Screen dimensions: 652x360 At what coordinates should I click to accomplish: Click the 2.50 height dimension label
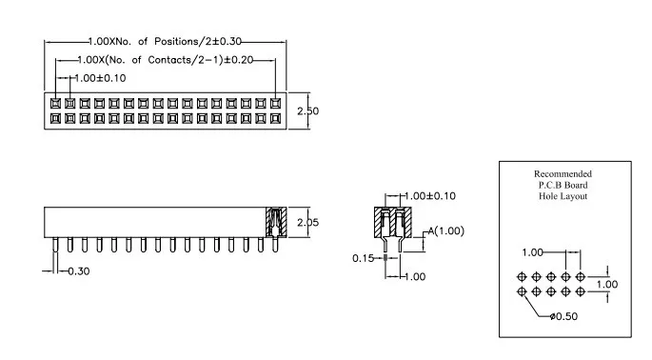[x=307, y=111]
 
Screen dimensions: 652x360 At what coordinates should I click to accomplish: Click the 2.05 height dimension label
[x=307, y=223]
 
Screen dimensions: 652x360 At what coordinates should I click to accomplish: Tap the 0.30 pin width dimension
[x=79, y=271]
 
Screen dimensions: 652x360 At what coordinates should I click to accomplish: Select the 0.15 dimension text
[x=363, y=258]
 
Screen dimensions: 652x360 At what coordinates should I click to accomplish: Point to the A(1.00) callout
[x=446, y=231]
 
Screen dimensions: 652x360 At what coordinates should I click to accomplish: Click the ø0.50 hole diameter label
[x=563, y=316]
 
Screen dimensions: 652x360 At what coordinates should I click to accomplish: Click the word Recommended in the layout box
[x=563, y=173]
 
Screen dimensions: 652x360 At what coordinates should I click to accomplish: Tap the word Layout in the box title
[x=575, y=196]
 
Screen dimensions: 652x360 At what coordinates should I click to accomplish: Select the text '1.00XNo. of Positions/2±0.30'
[x=165, y=41]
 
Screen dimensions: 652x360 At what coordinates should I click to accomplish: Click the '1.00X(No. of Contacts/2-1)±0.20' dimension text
[x=166, y=60]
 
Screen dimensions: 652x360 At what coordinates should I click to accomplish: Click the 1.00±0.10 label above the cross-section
[x=430, y=196]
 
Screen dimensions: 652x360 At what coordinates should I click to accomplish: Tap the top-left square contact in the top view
[x=55, y=103]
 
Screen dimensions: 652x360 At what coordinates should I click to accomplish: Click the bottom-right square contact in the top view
[x=275, y=119]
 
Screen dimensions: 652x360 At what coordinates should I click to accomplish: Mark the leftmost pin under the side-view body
[x=55, y=245]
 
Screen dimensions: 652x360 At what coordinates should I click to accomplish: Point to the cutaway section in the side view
[x=276, y=222]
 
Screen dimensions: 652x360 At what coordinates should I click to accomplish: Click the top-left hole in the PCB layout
[x=522, y=276]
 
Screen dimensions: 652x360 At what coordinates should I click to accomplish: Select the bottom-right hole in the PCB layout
[x=581, y=291]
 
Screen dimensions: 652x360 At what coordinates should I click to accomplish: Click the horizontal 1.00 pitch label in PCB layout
[x=533, y=252]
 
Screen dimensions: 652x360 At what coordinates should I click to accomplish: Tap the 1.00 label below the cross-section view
[x=415, y=277]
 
